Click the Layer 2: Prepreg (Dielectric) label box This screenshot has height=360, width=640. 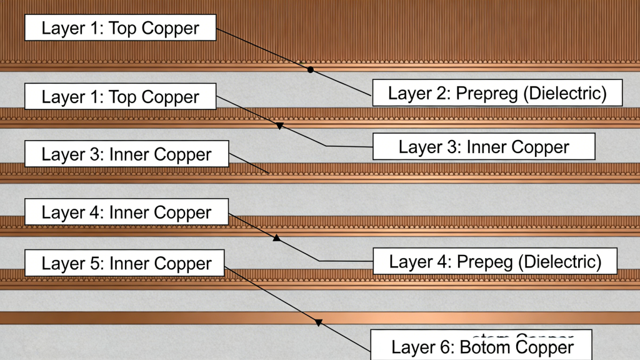(x=497, y=93)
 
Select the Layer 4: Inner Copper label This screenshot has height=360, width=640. (x=126, y=212)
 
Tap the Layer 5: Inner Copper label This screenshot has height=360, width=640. (x=124, y=263)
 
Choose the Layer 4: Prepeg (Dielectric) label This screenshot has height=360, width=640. (x=495, y=261)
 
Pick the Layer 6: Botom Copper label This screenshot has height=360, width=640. (x=482, y=347)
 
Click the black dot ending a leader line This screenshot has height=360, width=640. (x=311, y=70)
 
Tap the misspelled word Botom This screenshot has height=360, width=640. (x=484, y=347)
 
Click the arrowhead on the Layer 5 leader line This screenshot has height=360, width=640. (x=317, y=322)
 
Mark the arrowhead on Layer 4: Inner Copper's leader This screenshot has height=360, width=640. (x=276, y=238)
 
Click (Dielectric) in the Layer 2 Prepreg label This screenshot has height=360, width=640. (x=565, y=93)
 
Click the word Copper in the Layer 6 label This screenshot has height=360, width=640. (x=544, y=347)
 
